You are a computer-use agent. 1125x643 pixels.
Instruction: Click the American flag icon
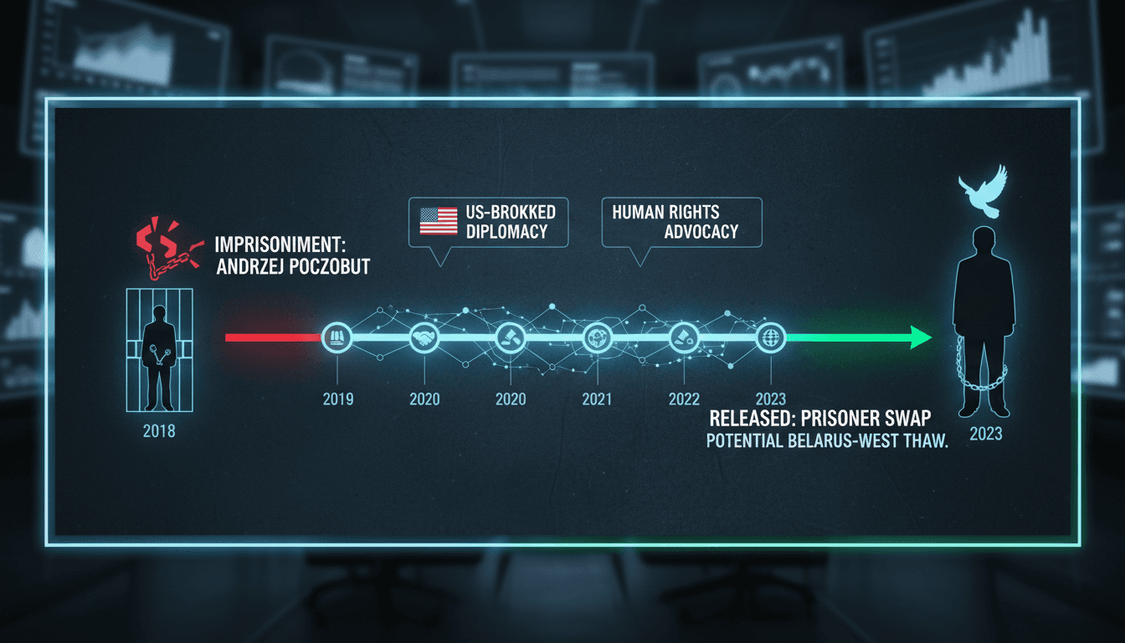click(x=439, y=222)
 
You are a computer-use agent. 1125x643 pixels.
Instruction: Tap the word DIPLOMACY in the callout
click(x=506, y=232)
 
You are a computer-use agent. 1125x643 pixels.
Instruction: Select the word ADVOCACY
click(x=701, y=232)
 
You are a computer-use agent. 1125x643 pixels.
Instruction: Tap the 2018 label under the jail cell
click(x=159, y=431)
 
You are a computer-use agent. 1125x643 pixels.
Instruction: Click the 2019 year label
click(x=338, y=399)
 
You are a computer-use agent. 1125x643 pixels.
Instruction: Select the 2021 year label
click(x=597, y=399)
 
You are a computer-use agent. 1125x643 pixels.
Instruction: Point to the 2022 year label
click(x=684, y=399)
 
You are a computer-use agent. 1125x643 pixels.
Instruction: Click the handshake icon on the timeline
click(x=424, y=337)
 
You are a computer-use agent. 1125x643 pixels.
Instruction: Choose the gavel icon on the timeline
click(x=511, y=337)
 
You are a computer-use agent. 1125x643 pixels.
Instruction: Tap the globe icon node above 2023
click(x=771, y=337)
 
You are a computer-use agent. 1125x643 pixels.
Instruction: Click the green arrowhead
click(x=920, y=337)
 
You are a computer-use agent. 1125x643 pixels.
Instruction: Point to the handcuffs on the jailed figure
click(x=159, y=354)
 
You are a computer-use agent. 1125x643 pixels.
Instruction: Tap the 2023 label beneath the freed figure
click(x=986, y=434)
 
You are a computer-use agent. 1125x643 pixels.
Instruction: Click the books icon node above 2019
click(x=336, y=337)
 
